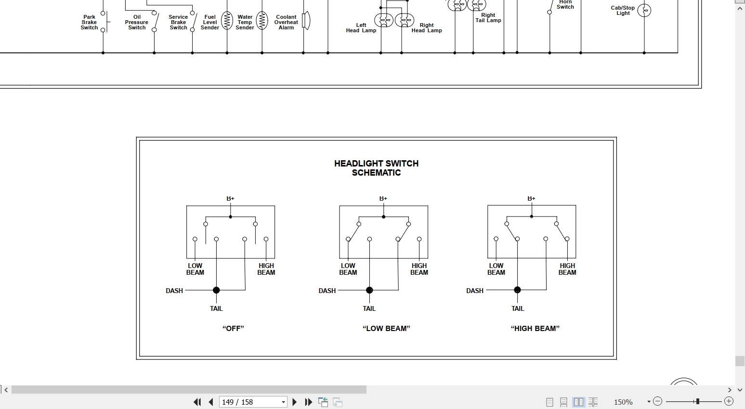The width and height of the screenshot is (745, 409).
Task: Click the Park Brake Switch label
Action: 89,22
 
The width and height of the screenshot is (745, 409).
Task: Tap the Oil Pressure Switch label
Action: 137,22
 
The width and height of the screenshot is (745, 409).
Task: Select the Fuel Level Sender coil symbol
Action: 227,21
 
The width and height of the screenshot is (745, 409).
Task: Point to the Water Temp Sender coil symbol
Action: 262,21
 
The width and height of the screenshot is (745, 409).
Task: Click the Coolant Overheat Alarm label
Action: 286,22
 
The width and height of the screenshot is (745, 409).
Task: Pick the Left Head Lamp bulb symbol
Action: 383,20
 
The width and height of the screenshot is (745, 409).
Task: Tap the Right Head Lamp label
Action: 427,28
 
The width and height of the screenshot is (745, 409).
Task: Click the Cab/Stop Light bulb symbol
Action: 644,10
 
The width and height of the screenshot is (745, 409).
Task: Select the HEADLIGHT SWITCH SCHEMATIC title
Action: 377,168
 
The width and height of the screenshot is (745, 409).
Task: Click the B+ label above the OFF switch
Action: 231,198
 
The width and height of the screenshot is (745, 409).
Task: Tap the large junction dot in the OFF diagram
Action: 216,290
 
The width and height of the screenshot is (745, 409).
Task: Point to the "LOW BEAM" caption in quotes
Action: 386,329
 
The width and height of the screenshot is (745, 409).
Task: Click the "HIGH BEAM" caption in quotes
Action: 535,329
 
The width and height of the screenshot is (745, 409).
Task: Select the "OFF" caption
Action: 233,329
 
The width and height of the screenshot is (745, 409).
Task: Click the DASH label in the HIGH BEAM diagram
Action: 475,291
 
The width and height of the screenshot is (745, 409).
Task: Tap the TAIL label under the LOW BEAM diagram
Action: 369,308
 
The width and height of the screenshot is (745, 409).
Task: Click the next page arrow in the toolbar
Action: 294,402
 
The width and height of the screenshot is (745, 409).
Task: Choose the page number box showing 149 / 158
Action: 253,402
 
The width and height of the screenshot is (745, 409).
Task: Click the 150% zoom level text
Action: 623,402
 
